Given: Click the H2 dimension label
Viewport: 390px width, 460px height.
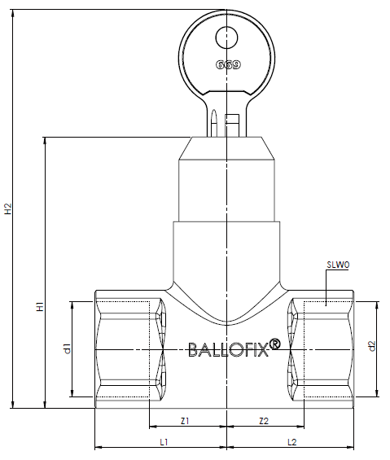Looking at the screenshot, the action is coord(8,208).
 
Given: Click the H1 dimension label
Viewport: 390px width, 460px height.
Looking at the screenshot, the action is coord(40,306).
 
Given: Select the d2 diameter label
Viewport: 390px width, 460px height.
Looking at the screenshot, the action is coord(372,346).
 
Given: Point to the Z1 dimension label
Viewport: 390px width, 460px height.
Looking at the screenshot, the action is coord(185,421).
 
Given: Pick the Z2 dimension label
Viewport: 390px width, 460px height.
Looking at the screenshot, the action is coord(264,421).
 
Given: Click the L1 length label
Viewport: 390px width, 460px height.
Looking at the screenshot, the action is coord(164,442).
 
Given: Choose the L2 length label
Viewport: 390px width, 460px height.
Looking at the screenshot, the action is coord(292,442).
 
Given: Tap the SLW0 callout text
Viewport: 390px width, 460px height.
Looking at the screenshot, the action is coord(338,265).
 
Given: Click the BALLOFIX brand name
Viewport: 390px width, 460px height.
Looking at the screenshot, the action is coord(228,349).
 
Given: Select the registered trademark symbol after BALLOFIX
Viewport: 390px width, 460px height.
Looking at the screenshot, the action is coord(274,344).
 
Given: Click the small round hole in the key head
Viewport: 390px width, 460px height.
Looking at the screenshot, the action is coord(226,37).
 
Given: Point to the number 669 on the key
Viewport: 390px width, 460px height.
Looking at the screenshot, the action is coord(228,64).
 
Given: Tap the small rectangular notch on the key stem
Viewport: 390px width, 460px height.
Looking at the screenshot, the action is coord(231,119).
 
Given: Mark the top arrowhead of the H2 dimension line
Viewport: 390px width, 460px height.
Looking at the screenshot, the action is coord(12,13).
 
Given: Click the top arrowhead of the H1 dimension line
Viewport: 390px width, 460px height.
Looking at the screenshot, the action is coord(45,141).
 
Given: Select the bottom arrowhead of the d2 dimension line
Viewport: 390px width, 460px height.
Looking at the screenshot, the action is coord(378,393).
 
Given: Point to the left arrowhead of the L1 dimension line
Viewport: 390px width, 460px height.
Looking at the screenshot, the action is coord(99,448).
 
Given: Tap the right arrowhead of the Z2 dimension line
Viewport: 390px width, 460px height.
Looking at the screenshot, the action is coord(300,427).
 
